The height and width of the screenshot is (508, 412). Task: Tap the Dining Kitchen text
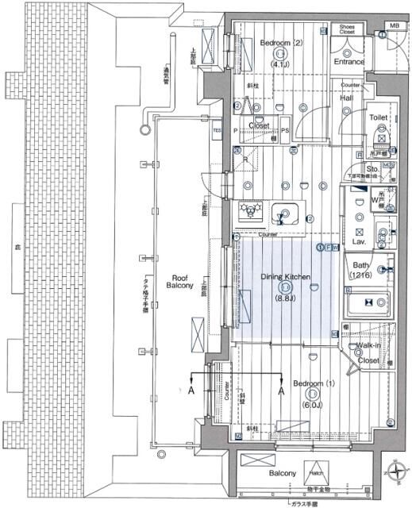pyautogui.click(x=285, y=277)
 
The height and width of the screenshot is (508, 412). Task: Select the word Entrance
pyautogui.click(x=348, y=61)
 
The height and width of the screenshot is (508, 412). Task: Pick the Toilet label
pyautogui.click(x=378, y=117)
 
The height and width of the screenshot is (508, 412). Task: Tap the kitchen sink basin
pyautogui.click(x=285, y=214)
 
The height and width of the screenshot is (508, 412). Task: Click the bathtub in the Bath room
pyautogui.click(x=369, y=302)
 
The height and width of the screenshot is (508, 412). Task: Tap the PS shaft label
pyautogui.click(x=284, y=126)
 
